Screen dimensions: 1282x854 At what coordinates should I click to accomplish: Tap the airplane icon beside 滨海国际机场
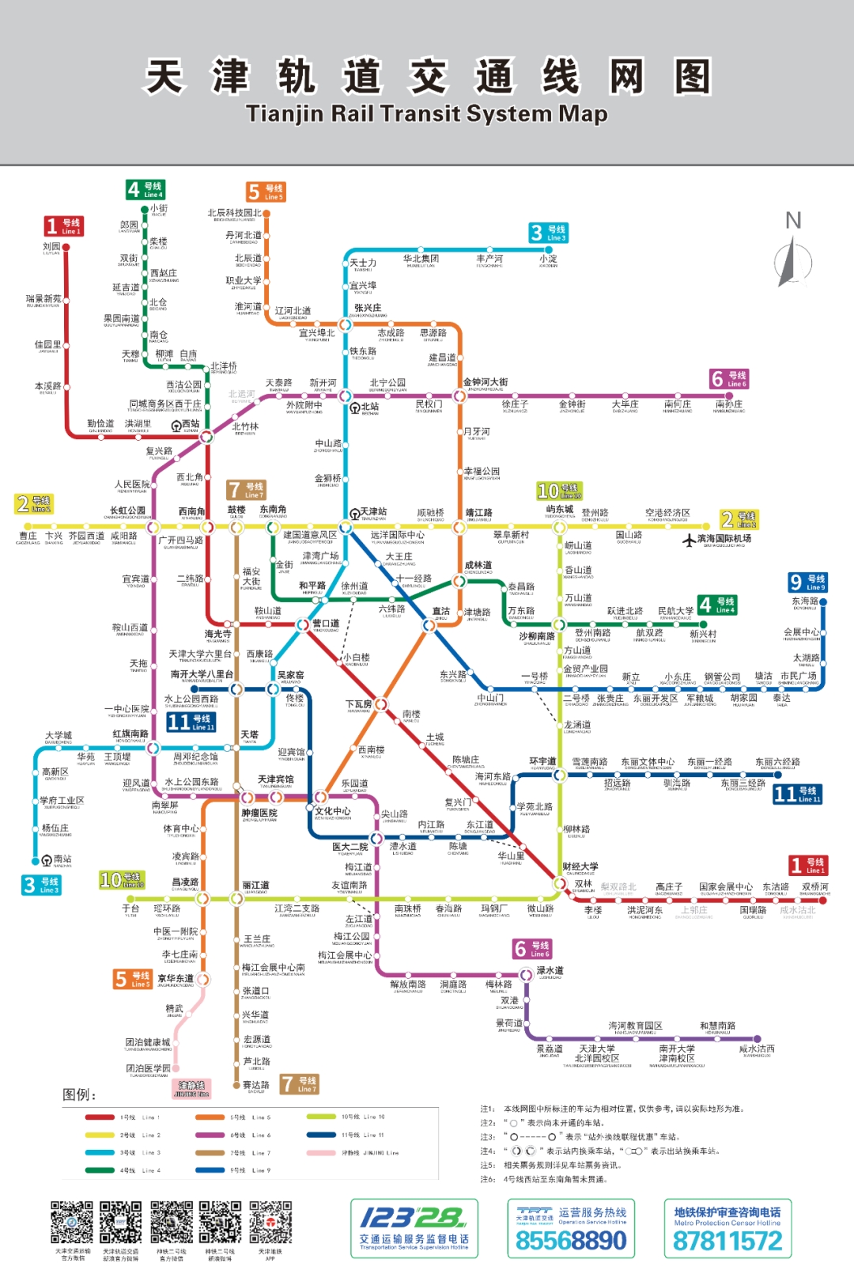point(690,540)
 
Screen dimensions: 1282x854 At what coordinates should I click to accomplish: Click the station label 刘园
point(51,247)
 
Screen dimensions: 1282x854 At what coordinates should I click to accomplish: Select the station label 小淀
point(548,259)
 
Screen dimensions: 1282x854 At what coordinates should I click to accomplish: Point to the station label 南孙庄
point(729,404)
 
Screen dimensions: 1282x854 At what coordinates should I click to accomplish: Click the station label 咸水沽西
point(757,1049)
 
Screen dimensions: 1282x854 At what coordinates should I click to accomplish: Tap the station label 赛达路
point(255,1085)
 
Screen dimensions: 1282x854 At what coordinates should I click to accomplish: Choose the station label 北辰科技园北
point(234,213)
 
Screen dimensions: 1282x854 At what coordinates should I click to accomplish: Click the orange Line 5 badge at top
point(266,192)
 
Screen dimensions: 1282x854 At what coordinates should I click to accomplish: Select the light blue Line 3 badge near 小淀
point(548,233)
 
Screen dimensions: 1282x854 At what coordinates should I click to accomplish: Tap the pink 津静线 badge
point(192,1089)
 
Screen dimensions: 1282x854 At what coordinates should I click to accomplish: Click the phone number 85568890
point(571,1241)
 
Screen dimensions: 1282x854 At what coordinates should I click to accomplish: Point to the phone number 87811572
point(727,1241)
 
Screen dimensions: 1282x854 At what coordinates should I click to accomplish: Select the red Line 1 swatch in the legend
point(100,1117)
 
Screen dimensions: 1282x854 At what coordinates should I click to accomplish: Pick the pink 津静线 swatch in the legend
point(321,1153)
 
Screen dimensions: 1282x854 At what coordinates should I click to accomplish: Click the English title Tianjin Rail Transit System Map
point(427,114)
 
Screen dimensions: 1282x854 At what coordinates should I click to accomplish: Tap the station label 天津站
point(373,512)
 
